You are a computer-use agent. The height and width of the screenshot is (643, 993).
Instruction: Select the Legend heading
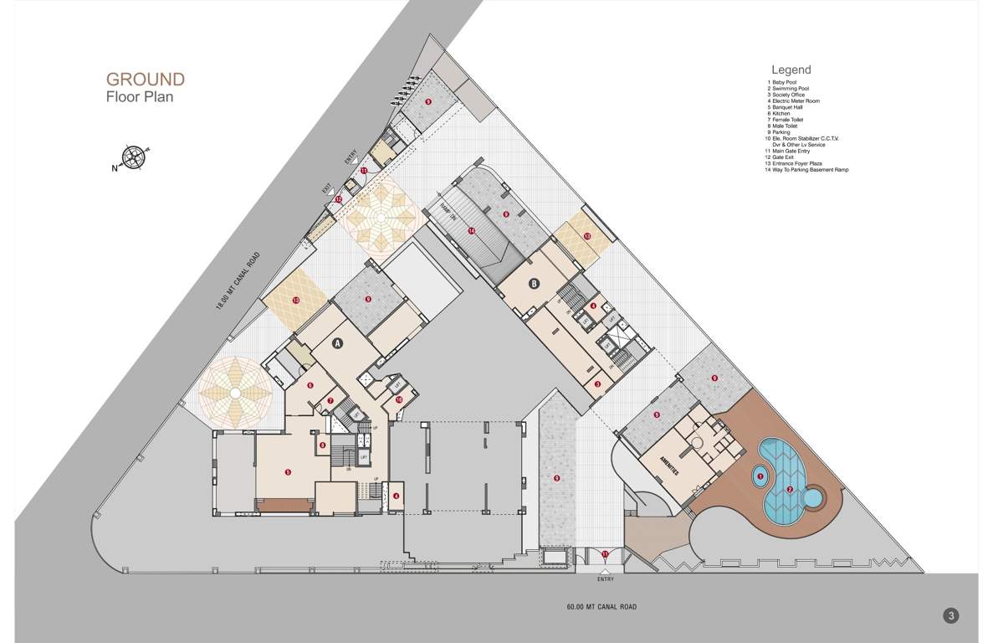click(x=791, y=69)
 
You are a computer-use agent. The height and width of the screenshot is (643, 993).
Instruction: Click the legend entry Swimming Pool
click(x=790, y=89)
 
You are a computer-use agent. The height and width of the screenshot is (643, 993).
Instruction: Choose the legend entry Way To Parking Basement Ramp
click(x=810, y=170)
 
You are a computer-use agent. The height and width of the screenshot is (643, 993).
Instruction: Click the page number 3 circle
click(x=950, y=616)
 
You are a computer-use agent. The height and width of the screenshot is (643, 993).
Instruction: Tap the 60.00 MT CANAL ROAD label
click(x=606, y=607)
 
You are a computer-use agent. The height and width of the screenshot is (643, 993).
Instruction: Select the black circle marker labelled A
click(x=338, y=343)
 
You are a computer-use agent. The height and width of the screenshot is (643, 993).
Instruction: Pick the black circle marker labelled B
click(x=535, y=283)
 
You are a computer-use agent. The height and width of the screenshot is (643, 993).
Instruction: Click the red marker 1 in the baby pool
click(x=760, y=476)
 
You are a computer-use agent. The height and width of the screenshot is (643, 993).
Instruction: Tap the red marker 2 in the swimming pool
click(x=790, y=490)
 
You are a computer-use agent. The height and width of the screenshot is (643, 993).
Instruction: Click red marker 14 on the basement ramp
click(x=472, y=230)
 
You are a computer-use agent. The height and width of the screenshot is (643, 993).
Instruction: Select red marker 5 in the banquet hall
click(x=288, y=472)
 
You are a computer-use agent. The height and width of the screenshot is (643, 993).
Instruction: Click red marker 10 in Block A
click(x=399, y=400)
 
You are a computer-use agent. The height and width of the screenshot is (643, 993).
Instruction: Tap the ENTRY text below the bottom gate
click(x=606, y=579)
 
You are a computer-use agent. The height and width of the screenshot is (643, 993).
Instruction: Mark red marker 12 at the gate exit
click(x=338, y=199)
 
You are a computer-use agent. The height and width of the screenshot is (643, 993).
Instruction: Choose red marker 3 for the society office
click(x=597, y=384)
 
